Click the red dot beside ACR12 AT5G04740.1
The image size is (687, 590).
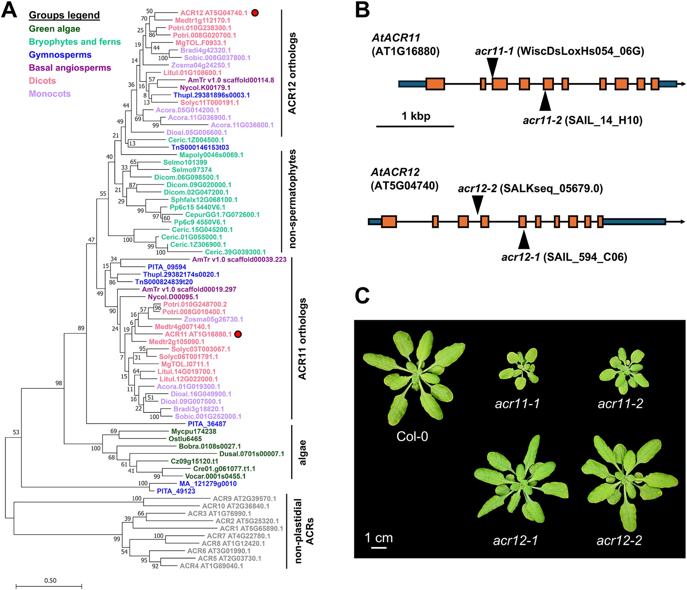click(x=255, y=13)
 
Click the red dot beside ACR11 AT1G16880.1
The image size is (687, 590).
click(x=238, y=334)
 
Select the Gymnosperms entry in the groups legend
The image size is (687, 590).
click(x=60, y=55)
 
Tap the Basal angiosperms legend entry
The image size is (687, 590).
click(x=70, y=68)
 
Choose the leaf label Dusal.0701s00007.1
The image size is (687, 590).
click(x=252, y=454)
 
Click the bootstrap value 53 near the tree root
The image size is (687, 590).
click(x=16, y=432)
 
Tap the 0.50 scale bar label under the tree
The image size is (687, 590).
click(x=50, y=580)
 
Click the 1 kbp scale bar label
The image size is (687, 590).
click(x=416, y=116)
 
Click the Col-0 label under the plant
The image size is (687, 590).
click(x=412, y=436)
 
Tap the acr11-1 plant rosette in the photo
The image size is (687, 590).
click(x=518, y=368)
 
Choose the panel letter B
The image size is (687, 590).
click(x=362, y=11)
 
